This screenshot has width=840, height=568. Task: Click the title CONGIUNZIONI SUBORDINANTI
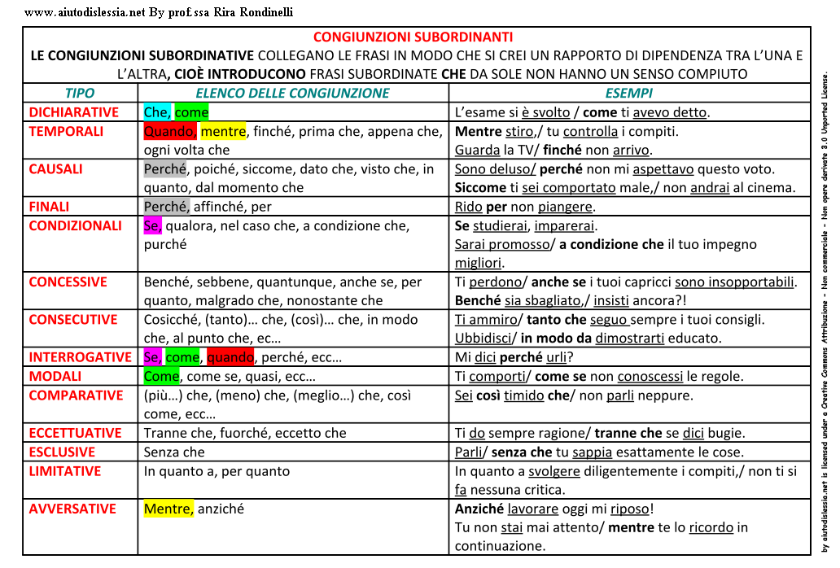[413, 37]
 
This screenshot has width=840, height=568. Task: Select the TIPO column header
[80, 94]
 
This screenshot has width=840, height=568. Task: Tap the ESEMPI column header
[629, 94]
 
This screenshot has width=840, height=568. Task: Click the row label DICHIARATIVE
[74, 112]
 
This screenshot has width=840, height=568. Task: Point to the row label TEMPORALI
[66, 131]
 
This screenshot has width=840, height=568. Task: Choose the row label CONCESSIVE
[68, 282]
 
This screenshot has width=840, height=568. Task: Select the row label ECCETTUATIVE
[75, 433]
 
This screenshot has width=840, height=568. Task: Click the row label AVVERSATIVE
[72, 509]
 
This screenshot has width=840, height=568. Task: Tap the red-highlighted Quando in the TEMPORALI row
[169, 131]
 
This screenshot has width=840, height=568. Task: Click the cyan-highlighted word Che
[157, 112]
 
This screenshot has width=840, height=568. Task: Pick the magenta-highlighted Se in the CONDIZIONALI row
[152, 225]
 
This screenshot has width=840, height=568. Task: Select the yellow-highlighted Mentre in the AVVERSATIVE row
[168, 509]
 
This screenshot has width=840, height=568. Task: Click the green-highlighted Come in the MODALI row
[161, 376]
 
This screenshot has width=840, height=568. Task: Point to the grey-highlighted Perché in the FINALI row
[166, 207]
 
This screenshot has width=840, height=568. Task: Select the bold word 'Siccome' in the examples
[480, 187]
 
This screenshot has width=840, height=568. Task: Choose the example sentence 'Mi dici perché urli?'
[514, 357]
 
